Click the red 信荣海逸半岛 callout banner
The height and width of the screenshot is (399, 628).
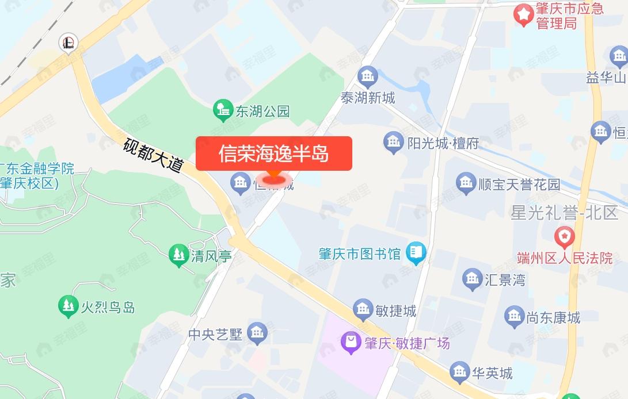coord(273,154)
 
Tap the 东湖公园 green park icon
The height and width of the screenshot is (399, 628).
coord(222,110)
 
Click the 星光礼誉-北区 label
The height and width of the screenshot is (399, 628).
coord(564,213)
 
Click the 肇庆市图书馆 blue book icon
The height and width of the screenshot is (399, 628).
coord(416,253)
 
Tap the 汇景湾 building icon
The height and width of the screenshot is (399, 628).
coord(473,279)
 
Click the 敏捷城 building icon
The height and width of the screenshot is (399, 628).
coord(364,310)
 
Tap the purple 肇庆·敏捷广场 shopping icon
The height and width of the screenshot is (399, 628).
coord(350,343)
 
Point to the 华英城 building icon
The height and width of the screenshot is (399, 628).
coord(459,373)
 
